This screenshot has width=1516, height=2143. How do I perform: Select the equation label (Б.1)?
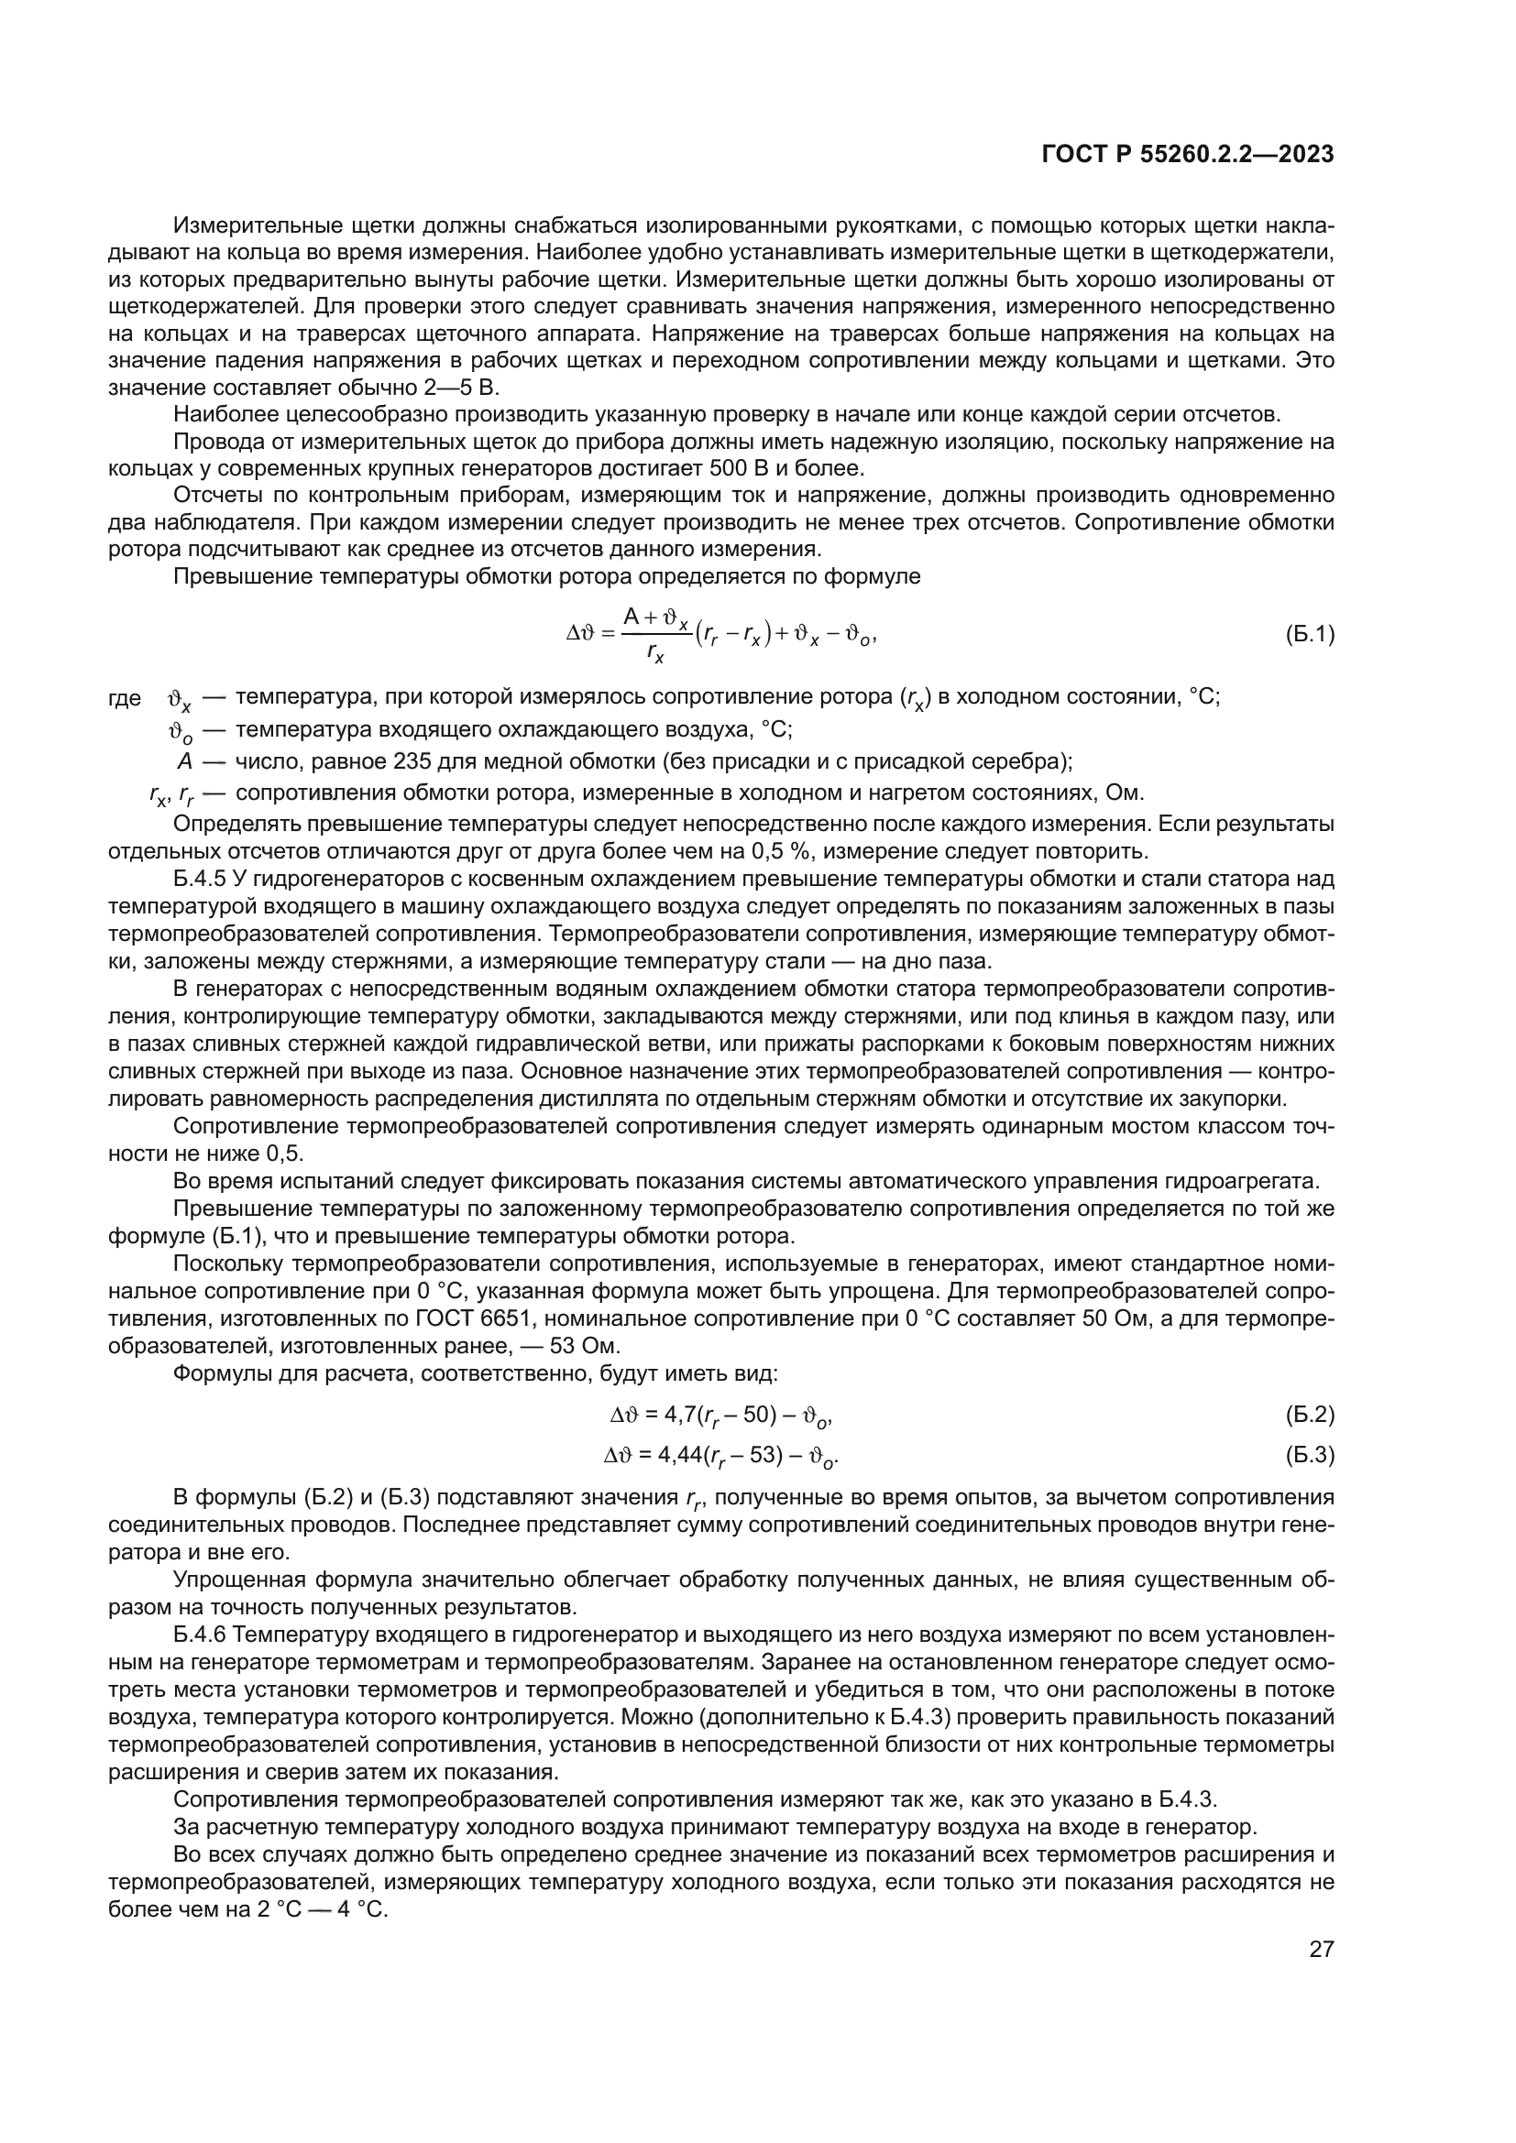1310,635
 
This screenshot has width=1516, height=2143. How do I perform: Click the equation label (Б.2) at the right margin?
1310,1414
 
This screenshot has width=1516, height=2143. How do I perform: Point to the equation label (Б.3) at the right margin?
1310,1454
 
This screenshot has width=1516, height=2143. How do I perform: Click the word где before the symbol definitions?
125,697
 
